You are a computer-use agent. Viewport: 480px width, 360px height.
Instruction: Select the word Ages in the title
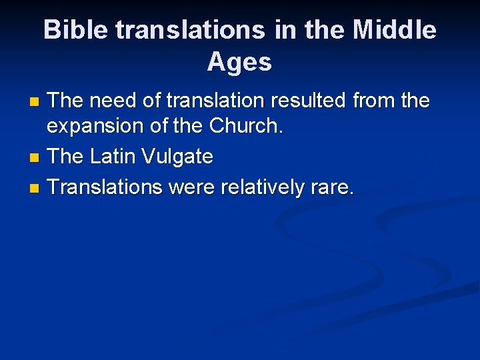239,62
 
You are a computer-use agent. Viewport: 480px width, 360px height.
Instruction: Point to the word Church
246,127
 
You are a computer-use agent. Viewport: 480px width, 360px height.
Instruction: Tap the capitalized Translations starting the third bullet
105,187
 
